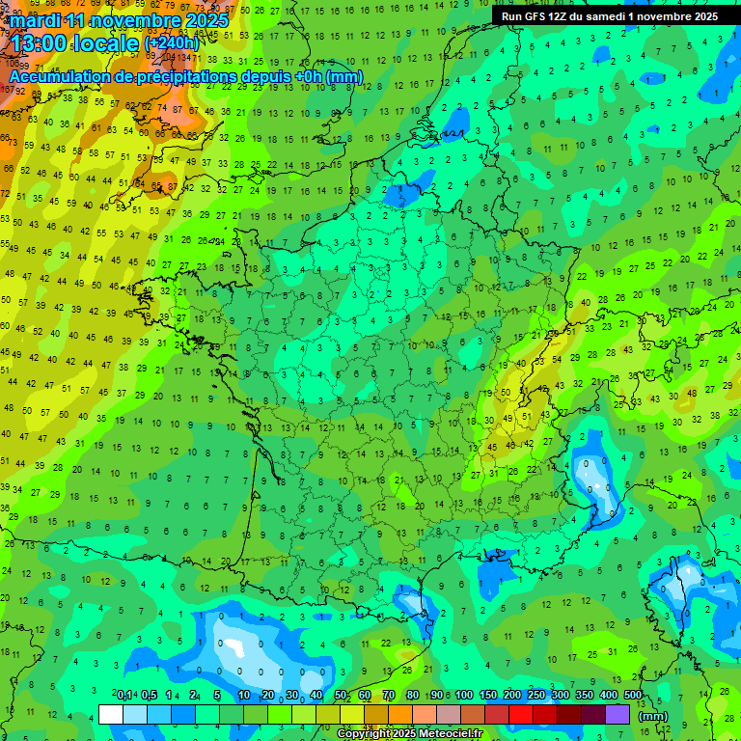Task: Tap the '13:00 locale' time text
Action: click(73, 42)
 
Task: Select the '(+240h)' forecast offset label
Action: click(172, 43)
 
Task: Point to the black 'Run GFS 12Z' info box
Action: click(608, 16)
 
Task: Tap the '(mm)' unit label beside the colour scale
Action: click(653, 716)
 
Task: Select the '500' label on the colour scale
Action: click(633, 696)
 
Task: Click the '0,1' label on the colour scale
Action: click(124, 696)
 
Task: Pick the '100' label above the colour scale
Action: click(464, 696)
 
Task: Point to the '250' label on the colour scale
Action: click(536, 696)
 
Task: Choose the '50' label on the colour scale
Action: click(341, 696)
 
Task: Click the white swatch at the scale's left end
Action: click(111, 714)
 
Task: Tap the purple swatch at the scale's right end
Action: click(617, 714)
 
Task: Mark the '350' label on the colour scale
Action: click(585, 696)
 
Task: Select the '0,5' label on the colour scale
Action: click(149, 696)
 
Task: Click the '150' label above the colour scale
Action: click(488, 696)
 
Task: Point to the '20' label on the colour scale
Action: click(267, 696)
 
